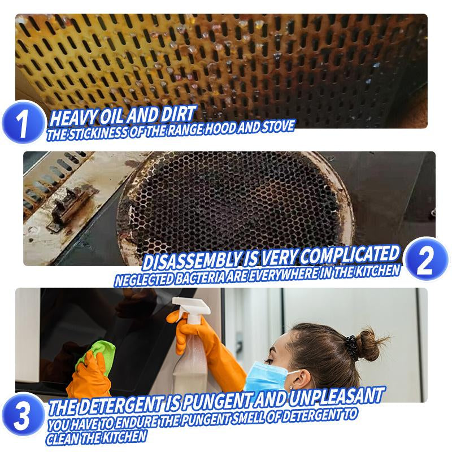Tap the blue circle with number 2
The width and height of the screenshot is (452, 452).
427,260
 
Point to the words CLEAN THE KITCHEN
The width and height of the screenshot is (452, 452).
97,437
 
